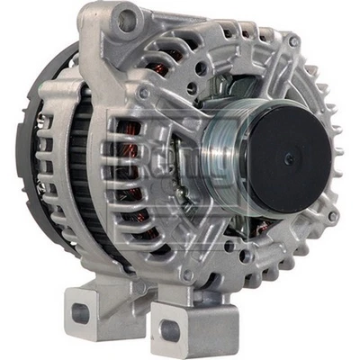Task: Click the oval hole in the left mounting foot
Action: point(82,314)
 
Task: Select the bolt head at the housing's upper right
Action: point(293,41)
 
